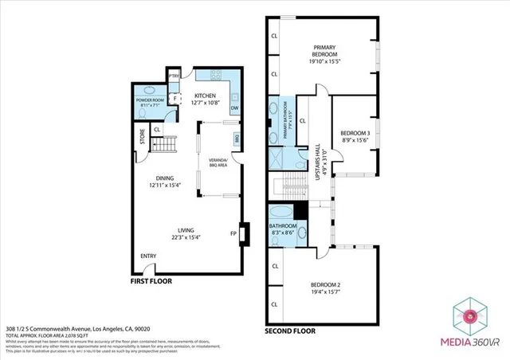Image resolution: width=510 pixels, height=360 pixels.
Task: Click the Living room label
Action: [x=186, y=233]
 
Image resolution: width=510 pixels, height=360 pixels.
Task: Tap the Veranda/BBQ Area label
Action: [x=218, y=163]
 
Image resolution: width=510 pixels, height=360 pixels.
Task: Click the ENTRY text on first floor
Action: [x=149, y=256]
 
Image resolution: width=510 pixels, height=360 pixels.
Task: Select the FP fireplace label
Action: [x=233, y=233]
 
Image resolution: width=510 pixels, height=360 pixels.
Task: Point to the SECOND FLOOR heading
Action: [x=290, y=330]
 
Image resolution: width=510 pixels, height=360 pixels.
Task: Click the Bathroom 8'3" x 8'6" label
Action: [x=282, y=230]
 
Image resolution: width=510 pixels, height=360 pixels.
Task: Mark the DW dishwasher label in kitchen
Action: [x=234, y=108]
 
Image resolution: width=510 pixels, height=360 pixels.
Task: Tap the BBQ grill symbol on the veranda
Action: [x=237, y=139]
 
